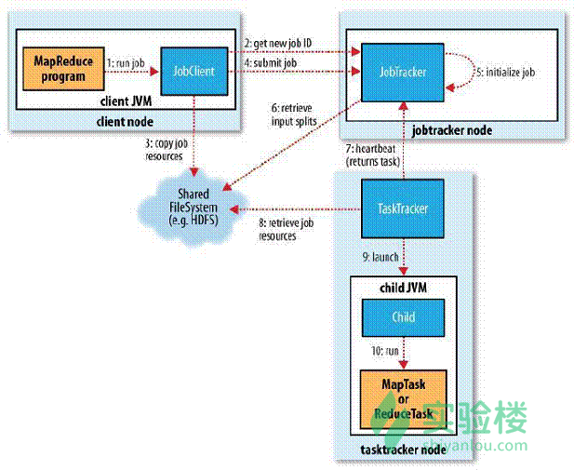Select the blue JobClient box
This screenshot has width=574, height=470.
click(x=194, y=68)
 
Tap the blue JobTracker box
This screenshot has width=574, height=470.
click(x=400, y=68)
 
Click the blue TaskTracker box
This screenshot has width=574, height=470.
click(x=401, y=209)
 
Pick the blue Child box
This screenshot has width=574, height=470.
click(x=401, y=317)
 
